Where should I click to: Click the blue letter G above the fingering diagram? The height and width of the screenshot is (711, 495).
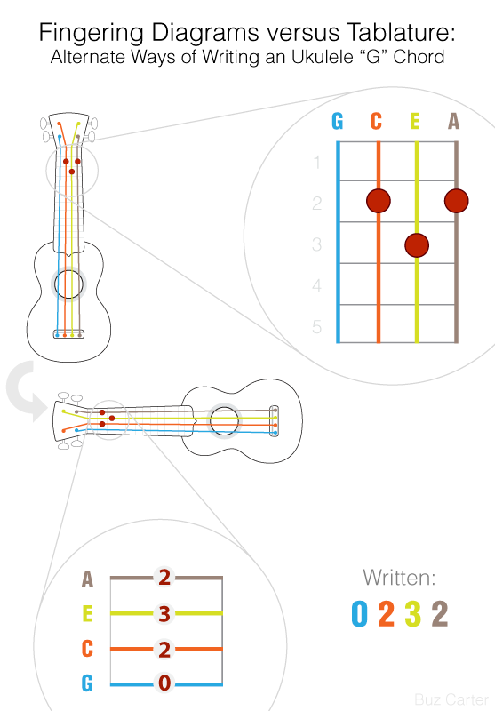click(x=337, y=121)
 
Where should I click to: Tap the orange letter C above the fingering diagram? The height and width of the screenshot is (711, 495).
click(x=376, y=121)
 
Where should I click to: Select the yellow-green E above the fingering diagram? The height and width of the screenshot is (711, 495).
click(x=415, y=121)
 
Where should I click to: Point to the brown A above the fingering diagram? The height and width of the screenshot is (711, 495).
click(x=454, y=121)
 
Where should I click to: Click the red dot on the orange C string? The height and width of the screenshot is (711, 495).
click(x=379, y=201)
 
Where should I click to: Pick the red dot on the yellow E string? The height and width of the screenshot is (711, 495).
click(x=417, y=245)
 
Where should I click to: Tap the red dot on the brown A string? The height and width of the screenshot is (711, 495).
click(x=457, y=201)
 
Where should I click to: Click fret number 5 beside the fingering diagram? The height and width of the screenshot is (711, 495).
click(x=317, y=327)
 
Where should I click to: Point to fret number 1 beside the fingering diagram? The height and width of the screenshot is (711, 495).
click(x=317, y=162)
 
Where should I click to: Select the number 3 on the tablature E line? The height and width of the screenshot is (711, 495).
click(x=164, y=613)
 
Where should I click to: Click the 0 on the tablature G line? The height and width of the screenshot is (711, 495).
click(x=164, y=683)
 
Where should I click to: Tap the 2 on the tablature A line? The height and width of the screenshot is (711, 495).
click(x=164, y=577)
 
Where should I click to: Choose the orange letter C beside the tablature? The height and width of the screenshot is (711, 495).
click(x=87, y=649)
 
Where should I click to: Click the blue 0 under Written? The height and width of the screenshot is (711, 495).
click(x=359, y=613)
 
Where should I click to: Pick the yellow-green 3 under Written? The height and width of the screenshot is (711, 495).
click(x=412, y=613)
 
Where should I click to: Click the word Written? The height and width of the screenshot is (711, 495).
click(x=399, y=578)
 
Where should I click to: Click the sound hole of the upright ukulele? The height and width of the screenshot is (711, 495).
click(x=69, y=284)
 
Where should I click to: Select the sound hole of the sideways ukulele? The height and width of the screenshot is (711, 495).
click(x=224, y=420)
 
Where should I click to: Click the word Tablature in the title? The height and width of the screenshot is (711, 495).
click(x=401, y=33)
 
